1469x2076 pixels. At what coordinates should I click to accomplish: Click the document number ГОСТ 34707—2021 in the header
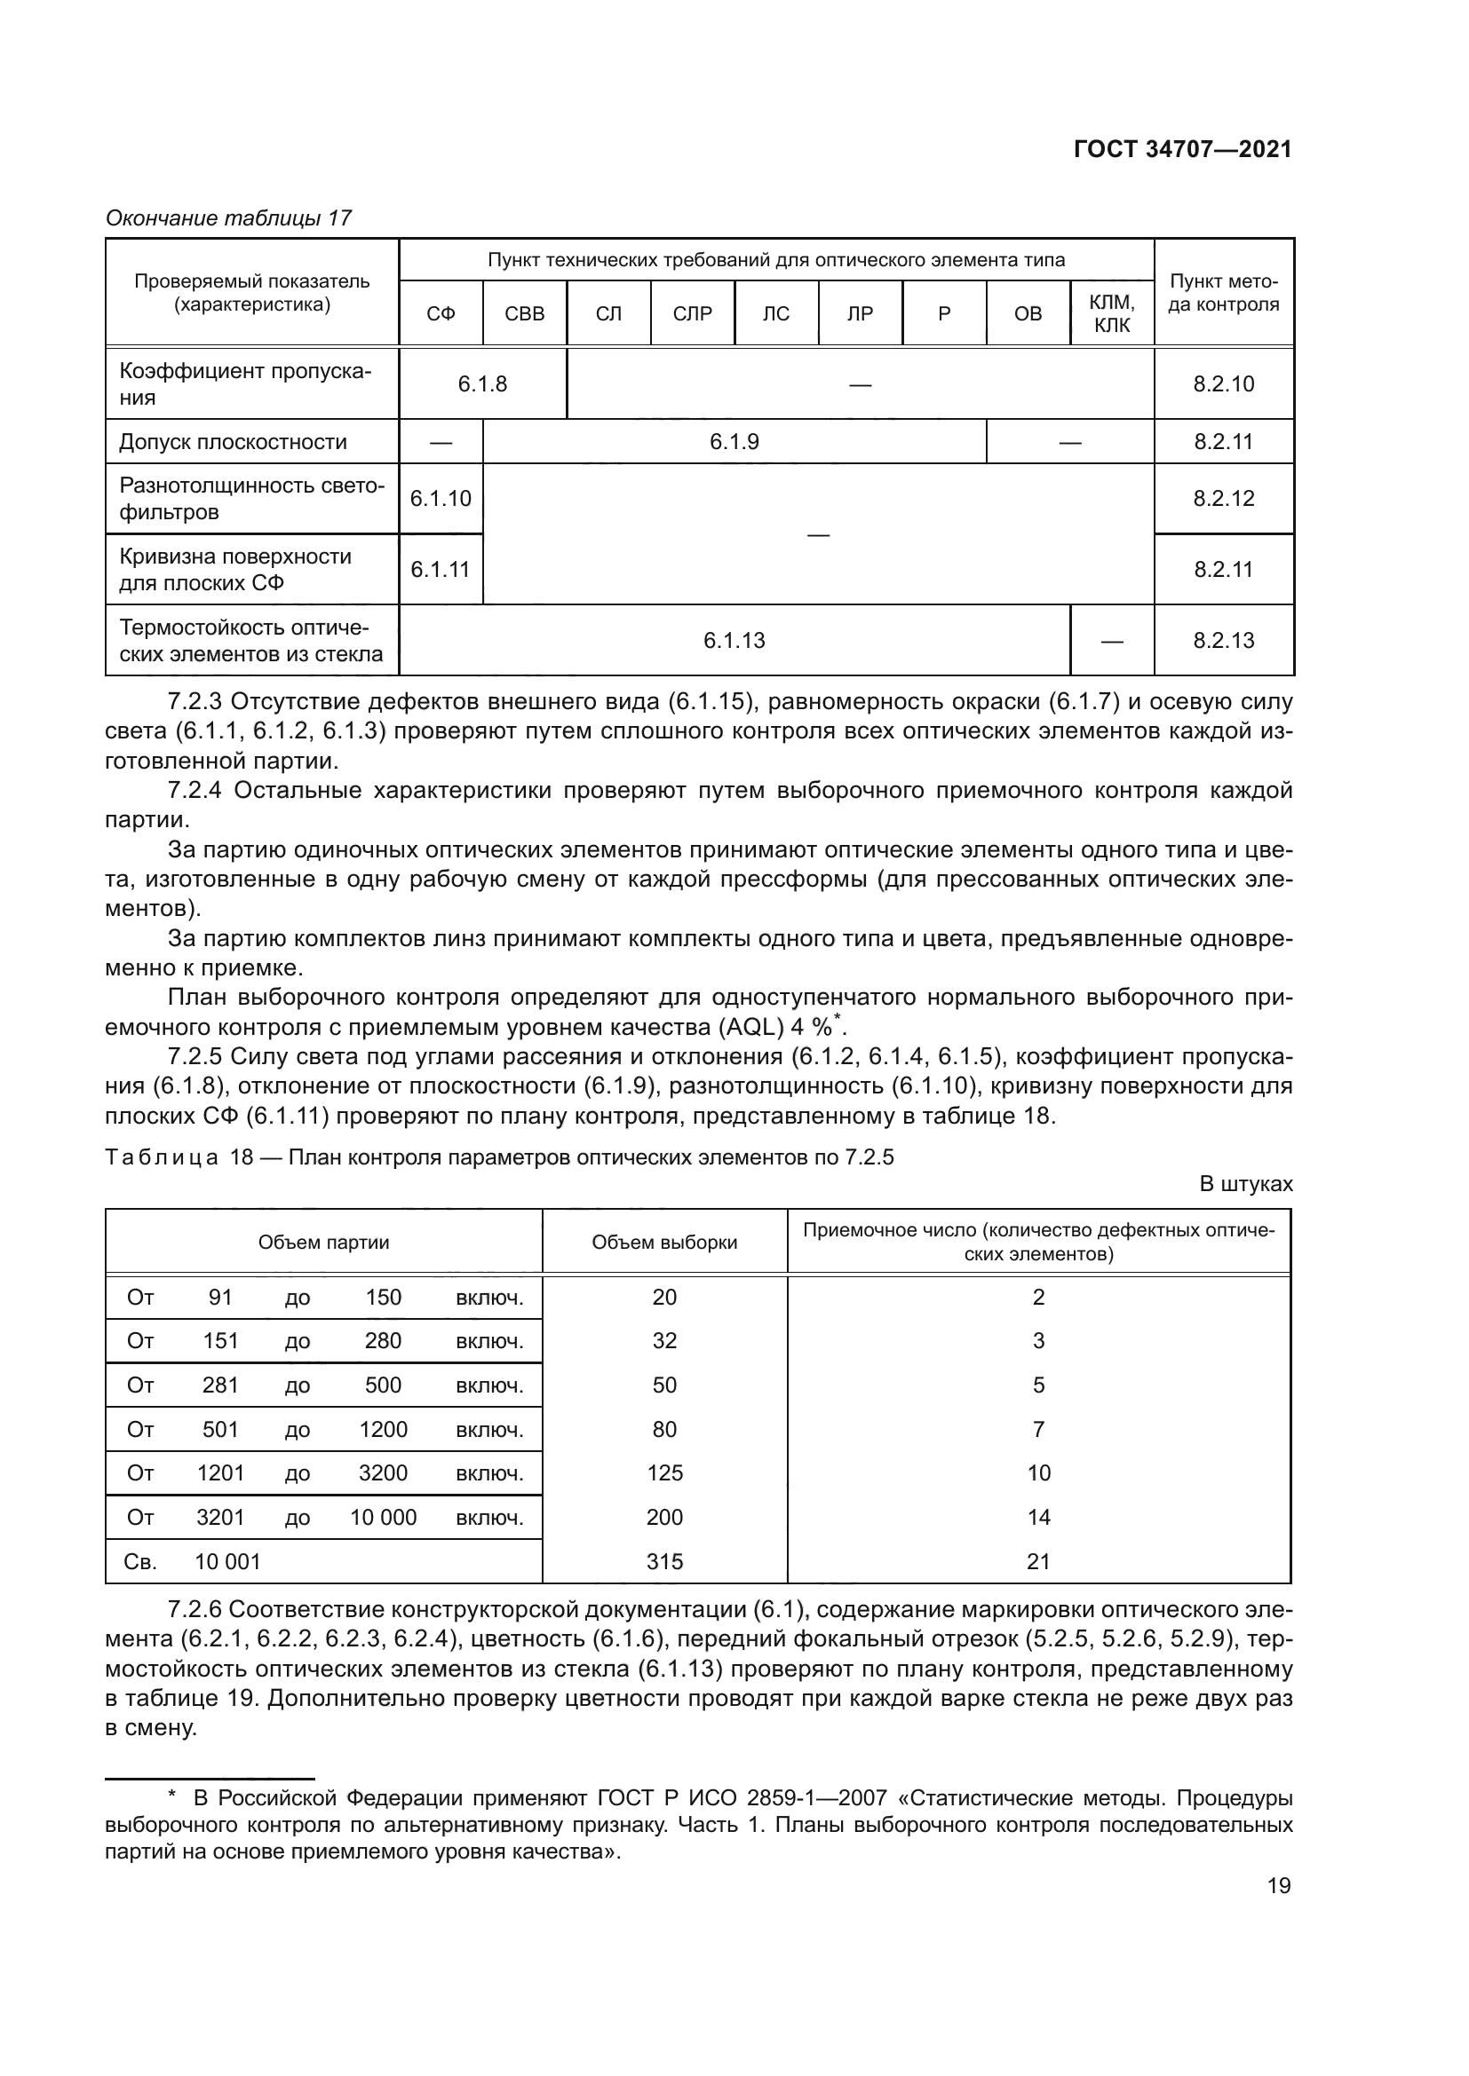click(x=1182, y=150)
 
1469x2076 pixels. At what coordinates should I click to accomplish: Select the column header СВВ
click(x=525, y=313)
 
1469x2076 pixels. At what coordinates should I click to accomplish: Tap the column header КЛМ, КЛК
click(x=1112, y=313)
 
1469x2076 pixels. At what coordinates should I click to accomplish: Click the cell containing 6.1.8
click(x=482, y=384)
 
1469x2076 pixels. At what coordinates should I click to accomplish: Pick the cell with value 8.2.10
click(x=1223, y=384)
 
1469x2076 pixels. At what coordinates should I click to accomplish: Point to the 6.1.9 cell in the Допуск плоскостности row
click(x=734, y=442)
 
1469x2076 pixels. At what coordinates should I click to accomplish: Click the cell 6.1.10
click(x=441, y=499)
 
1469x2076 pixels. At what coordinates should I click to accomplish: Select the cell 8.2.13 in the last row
click(x=1223, y=641)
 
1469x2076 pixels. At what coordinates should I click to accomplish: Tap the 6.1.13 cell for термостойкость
click(x=734, y=641)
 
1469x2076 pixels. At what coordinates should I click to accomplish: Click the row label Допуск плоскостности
click(x=233, y=442)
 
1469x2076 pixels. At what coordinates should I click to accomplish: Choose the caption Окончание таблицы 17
click(x=228, y=218)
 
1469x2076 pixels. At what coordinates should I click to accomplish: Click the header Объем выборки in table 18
click(x=664, y=1243)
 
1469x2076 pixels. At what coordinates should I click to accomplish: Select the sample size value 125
click(x=664, y=1473)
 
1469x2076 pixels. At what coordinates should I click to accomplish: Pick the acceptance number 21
click(x=1037, y=1561)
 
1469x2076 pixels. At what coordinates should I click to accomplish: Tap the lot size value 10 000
click(x=383, y=1517)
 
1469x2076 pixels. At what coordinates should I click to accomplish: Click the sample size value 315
click(x=664, y=1561)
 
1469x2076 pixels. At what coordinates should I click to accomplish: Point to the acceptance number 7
click(x=1037, y=1430)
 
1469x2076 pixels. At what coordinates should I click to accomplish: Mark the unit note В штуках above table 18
click(x=1244, y=1185)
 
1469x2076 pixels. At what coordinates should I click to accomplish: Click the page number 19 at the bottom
click(x=1278, y=1886)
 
